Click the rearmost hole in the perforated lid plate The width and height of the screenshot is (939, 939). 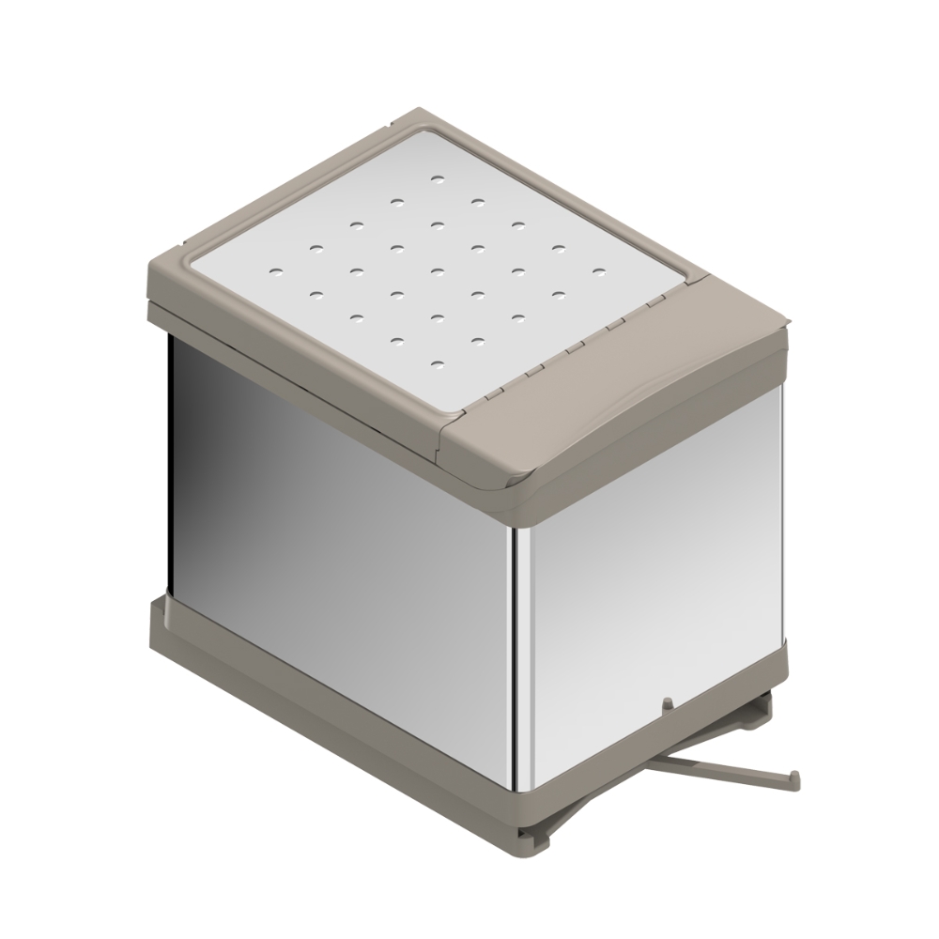click(x=437, y=177)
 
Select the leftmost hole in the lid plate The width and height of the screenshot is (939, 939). click(x=276, y=271)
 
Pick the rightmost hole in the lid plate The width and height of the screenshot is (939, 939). click(x=597, y=271)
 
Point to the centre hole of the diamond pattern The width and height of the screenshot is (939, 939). click(x=438, y=271)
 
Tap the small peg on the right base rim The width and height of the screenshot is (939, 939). click(x=666, y=702)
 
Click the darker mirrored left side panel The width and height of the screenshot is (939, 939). click(x=329, y=526)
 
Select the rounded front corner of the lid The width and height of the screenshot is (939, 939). click(x=512, y=488)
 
